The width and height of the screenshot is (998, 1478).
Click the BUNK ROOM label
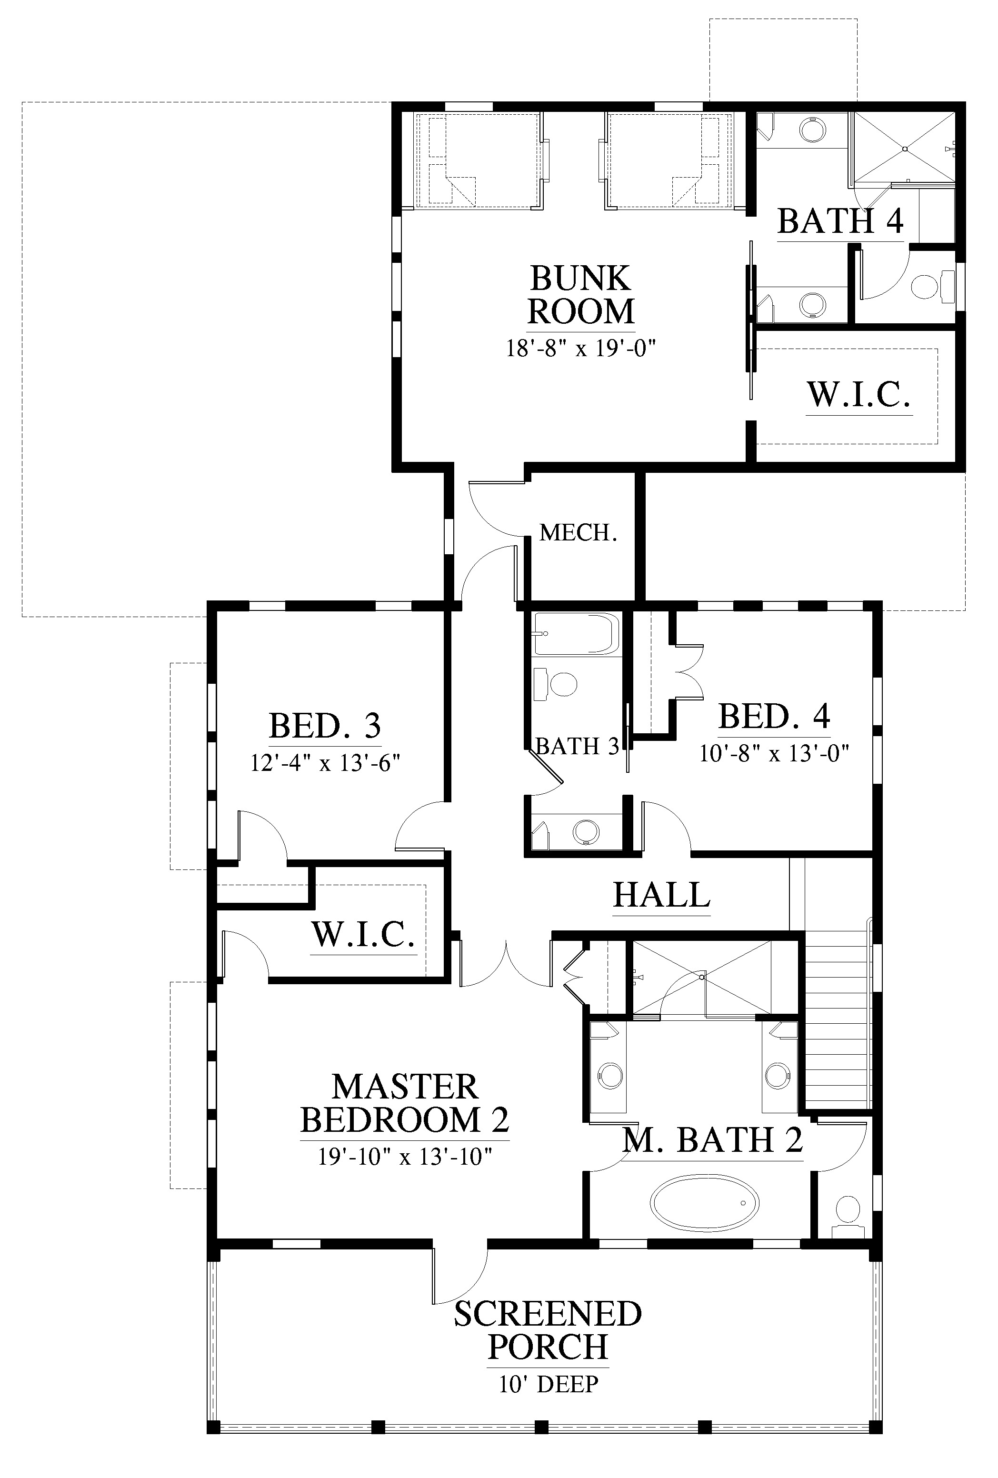coord(581,295)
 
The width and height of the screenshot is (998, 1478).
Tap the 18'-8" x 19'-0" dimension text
coord(581,348)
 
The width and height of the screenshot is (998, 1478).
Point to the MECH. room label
coord(578,532)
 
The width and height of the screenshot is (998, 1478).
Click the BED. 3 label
coord(325,725)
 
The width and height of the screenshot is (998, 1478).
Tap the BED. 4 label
coord(774,716)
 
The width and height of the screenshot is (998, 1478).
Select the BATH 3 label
coord(578,746)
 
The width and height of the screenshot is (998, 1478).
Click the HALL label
coord(661,895)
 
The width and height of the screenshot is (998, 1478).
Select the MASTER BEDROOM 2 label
coord(405,1103)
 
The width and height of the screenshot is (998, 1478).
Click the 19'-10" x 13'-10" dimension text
coord(405,1156)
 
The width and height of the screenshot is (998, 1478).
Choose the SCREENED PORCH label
coord(548,1330)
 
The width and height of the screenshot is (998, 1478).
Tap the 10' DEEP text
coord(549,1384)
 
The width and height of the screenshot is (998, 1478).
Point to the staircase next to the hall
coord(838,1018)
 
